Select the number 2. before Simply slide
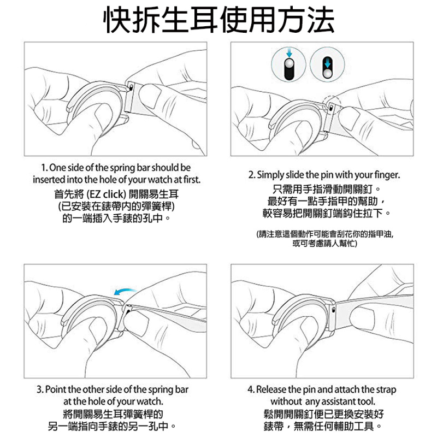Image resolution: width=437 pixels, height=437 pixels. (x=252, y=175)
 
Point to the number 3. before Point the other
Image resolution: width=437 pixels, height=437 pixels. (x=40, y=390)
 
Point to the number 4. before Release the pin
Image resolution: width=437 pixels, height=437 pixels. (x=251, y=390)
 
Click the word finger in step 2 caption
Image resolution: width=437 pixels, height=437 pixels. (x=388, y=175)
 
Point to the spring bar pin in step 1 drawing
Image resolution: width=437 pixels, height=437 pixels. (x=131, y=87)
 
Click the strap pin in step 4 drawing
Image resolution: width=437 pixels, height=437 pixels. (x=334, y=309)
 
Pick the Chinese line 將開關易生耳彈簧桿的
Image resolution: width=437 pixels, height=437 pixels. (x=113, y=414)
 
